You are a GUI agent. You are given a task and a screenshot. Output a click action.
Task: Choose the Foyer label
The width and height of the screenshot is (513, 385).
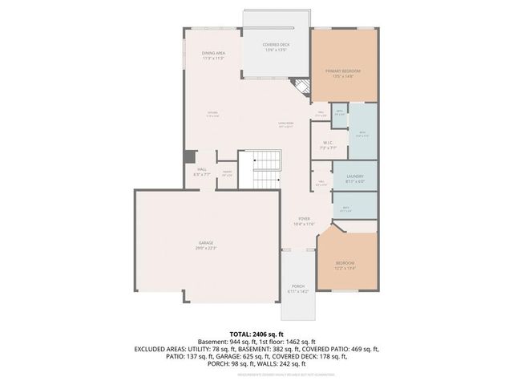304,219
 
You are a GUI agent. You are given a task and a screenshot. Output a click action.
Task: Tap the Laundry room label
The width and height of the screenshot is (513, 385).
355,176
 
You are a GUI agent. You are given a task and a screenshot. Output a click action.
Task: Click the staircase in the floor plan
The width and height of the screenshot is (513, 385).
265,169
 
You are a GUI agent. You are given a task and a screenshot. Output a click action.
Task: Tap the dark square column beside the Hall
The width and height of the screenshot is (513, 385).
190,157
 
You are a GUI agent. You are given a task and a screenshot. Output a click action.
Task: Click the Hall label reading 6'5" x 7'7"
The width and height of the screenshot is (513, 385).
202,171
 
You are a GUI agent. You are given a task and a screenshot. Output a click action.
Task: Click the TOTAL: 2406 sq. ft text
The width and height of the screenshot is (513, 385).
256,333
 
